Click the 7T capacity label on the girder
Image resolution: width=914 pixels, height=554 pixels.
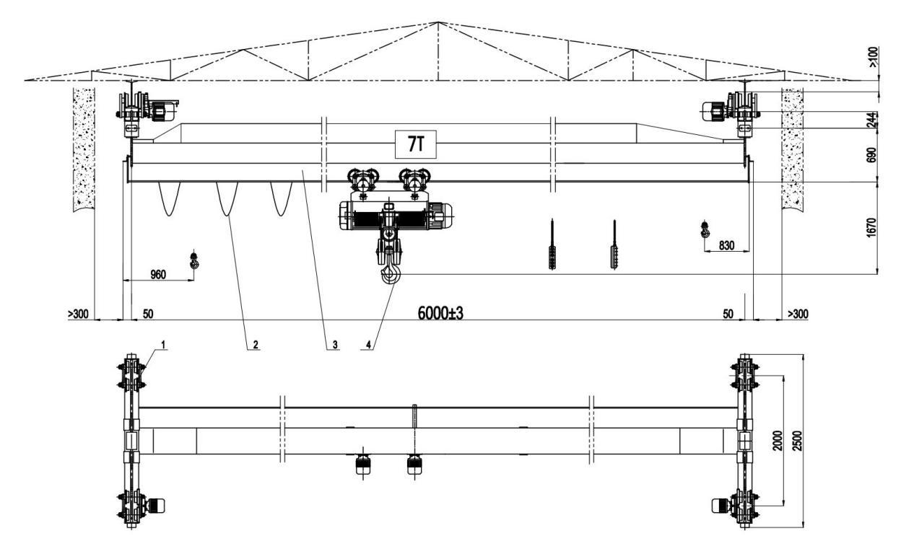[416, 144]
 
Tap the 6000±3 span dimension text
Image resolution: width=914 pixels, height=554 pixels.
[440, 313]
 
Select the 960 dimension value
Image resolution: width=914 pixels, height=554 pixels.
[158, 275]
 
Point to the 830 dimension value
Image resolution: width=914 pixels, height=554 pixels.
[726, 245]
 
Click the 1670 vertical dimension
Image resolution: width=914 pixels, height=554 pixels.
[871, 227]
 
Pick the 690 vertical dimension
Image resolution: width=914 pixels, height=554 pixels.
[871, 155]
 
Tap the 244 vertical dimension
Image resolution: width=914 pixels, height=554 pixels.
[871, 120]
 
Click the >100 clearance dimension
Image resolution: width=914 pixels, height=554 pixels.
[872, 57]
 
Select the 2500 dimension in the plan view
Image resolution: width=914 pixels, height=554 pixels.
[798, 441]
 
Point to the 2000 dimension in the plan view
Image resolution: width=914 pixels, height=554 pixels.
[778, 441]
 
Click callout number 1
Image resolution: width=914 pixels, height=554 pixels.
[163, 346]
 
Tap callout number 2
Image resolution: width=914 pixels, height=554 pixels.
[256, 345]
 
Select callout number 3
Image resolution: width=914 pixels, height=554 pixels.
[335, 345]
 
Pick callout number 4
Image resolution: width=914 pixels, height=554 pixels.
[368, 345]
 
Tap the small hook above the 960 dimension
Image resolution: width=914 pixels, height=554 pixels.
[194, 261]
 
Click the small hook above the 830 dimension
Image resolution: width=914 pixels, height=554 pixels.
[704, 229]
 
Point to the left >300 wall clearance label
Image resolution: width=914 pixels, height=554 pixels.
[78, 315]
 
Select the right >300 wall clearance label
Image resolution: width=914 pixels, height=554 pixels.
[798, 315]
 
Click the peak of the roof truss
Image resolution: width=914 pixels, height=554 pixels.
[439, 22]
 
